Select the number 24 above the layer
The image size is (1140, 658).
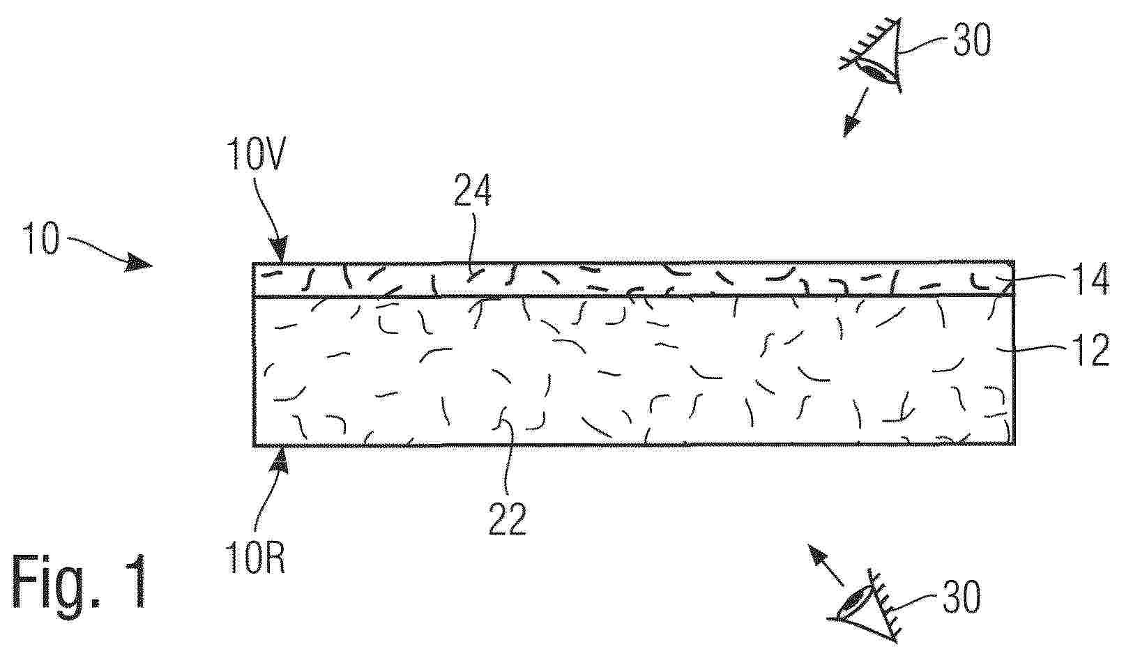(473, 190)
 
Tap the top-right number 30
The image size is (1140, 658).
(972, 40)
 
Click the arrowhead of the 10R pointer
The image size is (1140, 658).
(281, 461)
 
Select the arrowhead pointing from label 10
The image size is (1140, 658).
(139, 263)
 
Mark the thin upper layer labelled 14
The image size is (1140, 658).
(634, 279)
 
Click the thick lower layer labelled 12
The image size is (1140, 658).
(634, 371)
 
